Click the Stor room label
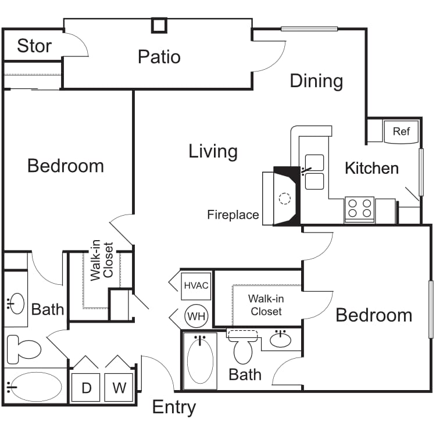pos(34,46)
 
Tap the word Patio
pos(159,57)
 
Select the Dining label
pos(316,81)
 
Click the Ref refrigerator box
pos(401,131)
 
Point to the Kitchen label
pos(371,169)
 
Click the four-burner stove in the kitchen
pos(359,208)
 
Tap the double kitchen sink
pos(315,172)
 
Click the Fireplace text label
pos(233,215)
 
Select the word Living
pos(213,152)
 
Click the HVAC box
pos(196,286)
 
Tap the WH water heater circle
pos(195,316)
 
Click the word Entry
pos(174,408)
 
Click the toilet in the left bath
pos(23,349)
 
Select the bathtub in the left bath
pos(36,386)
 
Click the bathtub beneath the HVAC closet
pos(200,360)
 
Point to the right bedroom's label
pos(373,315)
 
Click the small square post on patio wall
pos(159,25)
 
